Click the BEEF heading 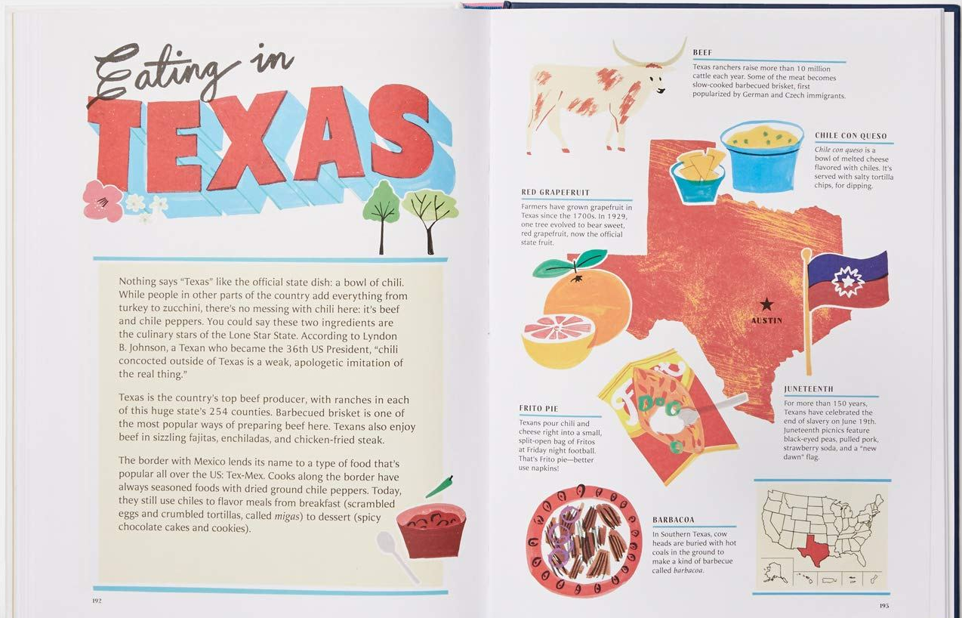point(702,53)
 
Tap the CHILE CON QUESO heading point(850,136)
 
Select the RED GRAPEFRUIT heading point(555,193)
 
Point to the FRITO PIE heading point(538,409)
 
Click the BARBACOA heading point(674,520)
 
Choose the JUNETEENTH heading point(809,389)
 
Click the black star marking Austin point(766,304)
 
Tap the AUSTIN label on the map point(766,320)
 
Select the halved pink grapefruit point(558,340)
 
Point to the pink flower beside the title point(102,200)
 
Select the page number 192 point(97,601)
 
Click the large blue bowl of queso point(761,156)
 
